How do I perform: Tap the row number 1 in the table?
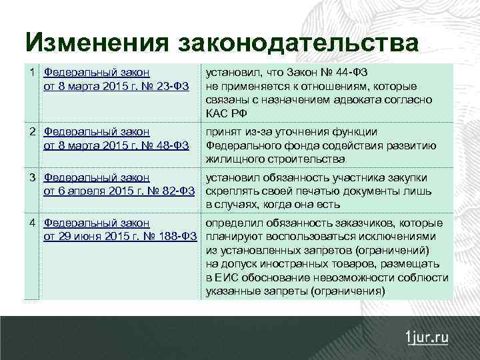32,71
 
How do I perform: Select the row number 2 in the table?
32,131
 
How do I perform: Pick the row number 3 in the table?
32,177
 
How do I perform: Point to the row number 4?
32,223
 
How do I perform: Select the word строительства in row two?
309,159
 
